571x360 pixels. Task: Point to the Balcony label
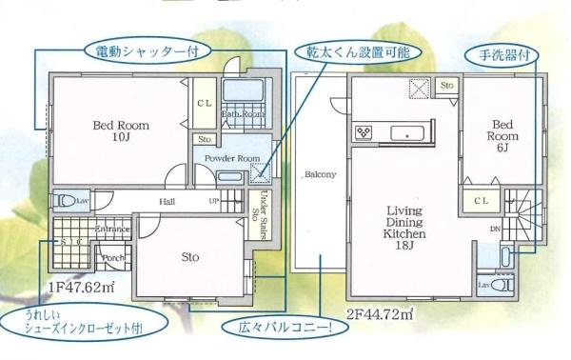[x=318, y=175]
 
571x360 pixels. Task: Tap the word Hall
[x=167, y=202]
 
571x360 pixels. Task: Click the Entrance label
[x=113, y=230]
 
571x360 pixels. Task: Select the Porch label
[x=110, y=256]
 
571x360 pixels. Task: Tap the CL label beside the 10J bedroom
[x=204, y=103]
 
